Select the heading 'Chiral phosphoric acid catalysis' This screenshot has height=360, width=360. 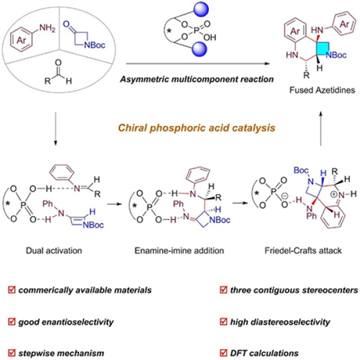point(180,125)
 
